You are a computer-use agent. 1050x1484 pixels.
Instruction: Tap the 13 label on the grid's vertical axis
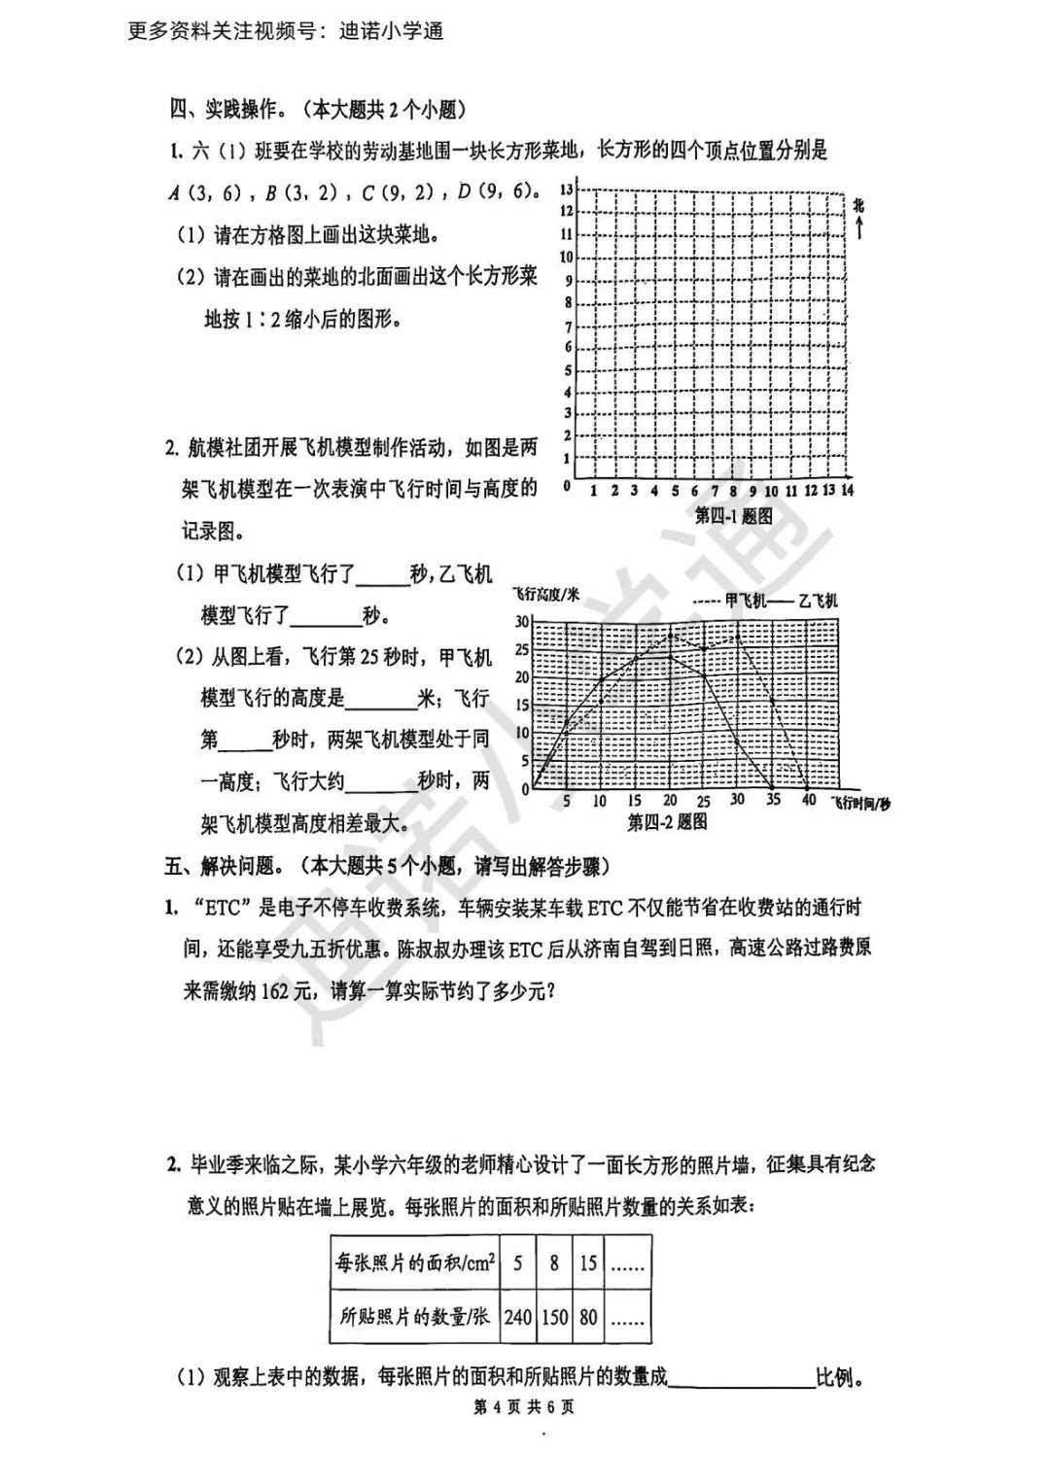(567, 188)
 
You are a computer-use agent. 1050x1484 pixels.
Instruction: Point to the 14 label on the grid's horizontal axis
(848, 490)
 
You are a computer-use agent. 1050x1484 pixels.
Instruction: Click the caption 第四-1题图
(734, 516)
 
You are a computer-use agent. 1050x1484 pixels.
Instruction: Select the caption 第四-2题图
(667, 822)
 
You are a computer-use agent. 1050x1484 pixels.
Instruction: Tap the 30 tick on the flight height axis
(522, 622)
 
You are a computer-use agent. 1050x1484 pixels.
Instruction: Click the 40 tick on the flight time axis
(808, 800)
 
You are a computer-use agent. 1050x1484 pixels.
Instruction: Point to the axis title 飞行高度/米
(545, 594)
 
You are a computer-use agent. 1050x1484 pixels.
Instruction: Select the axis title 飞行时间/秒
(860, 803)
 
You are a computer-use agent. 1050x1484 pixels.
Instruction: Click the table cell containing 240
(517, 1317)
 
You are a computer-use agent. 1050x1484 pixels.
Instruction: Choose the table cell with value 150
(554, 1317)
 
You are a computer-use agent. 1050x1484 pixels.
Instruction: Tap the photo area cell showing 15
(587, 1263)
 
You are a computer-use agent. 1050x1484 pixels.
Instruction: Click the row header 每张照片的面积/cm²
(415, 1263)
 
